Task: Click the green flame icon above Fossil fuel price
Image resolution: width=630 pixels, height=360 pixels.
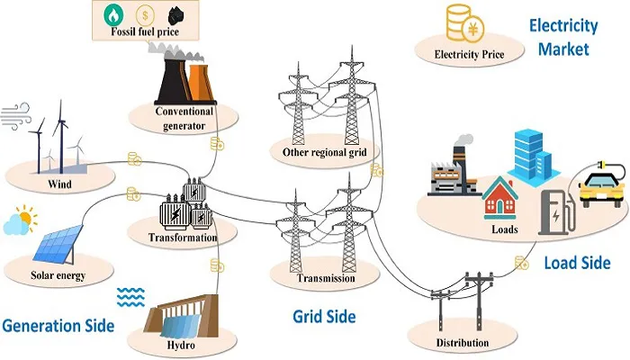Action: pyautogui.click(x=113, y=14)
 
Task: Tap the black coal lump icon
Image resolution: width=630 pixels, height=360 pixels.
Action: pyautogui.click(x=176, y=16)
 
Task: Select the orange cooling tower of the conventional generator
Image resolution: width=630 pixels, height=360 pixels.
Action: pyautogui.click(x=200, y=82)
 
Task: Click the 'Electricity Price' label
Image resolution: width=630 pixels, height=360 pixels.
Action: pyautogui.click(x=469, y=54)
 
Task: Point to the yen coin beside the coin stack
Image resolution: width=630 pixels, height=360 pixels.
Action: pyautogui.click(x=472, y=30)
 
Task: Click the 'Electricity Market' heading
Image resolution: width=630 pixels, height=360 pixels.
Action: pyautogui.click(x=563, y=37)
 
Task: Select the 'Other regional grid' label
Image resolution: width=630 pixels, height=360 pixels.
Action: pyautogui.click(x=324, y=152)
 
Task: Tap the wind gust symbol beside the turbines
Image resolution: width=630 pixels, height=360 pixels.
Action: pyautogui.click(x=15, y=116)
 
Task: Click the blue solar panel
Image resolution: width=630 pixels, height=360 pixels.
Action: pyautogui.click(x=58, y=244)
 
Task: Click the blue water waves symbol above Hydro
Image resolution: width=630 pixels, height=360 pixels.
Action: pyautogui.click(x=130, y=297)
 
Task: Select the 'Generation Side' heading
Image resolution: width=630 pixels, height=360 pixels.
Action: pyautogui.click(x=58, y=326)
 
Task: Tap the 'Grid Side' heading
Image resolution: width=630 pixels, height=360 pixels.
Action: pyautogui.click(x=324, y=317)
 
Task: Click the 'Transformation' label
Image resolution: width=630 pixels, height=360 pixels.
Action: pyautogui.click(x=183, y=238)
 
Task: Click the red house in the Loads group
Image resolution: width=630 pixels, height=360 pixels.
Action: pyautogui.click(x=499, y=198)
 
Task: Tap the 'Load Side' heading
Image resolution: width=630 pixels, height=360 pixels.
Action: pyautogui.click(x=578, y=263)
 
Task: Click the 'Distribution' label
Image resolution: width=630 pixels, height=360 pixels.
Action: pyautogui.click(x=463, y=343)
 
